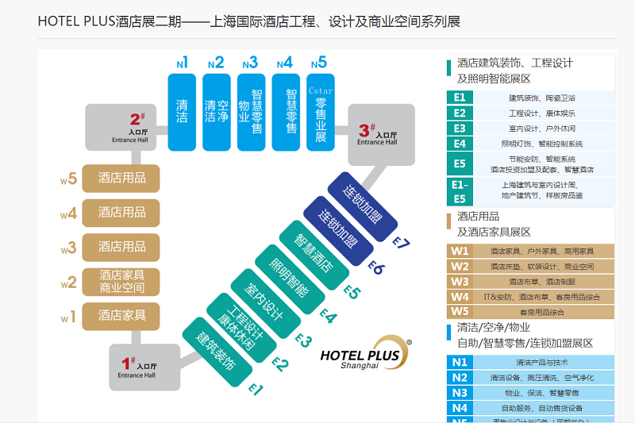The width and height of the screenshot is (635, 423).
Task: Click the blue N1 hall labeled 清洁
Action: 182,111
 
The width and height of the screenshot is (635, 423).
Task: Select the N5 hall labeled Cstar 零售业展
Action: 321,111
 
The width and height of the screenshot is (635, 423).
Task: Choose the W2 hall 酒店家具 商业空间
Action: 122,281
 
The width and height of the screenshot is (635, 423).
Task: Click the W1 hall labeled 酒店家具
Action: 122,316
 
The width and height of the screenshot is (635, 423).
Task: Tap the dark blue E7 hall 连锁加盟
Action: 364,202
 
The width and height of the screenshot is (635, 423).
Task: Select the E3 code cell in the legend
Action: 460,128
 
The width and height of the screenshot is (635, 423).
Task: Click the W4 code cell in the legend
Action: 460,297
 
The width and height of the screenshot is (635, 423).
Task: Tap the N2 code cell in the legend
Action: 460,377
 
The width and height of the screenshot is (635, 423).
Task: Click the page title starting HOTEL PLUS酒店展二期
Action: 248,21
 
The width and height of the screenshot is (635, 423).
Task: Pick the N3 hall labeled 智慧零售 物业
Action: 251,111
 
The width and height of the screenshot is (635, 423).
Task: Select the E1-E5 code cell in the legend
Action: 460,190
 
